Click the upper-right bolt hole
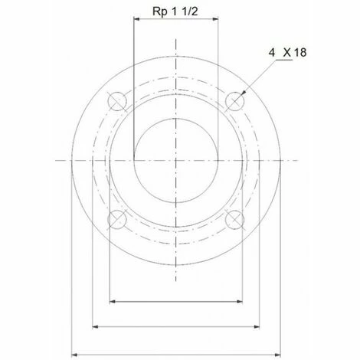click(236, 100)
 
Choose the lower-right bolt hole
click(236, 220)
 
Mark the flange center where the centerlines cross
click(177, 160)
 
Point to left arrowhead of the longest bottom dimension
click(75, 354)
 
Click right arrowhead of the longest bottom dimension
click(279, 354)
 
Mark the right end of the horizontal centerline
click(298, 160)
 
